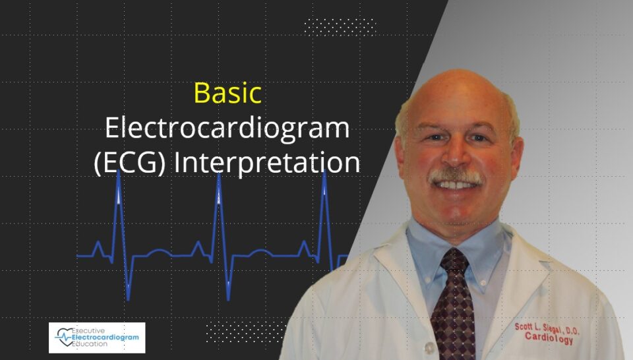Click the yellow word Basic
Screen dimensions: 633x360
click(227, 93)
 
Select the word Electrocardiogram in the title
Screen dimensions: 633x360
click(227, 129)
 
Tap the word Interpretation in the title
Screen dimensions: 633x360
click(267, 163)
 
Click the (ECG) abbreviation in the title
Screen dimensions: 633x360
click(130, 163)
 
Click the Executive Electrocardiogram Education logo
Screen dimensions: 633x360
click(97, 338)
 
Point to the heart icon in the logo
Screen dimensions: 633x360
click(64, 337)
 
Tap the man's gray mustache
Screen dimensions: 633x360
click(456, 176)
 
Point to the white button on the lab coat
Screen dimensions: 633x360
click(430, 347)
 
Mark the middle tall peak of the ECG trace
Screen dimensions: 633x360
click(219, 174)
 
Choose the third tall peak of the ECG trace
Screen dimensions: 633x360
click(324, 172)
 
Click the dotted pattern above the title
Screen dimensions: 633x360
click(340, 27)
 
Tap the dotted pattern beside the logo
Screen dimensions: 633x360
click(247, 334)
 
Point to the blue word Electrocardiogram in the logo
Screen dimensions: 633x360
click(105, 338)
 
